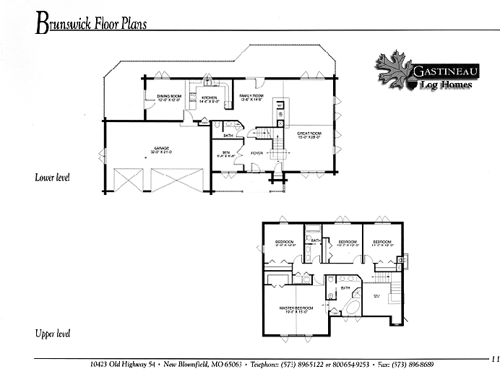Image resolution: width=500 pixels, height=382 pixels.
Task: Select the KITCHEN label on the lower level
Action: (209, 98)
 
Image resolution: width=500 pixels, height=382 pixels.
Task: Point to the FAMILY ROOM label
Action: (251, 97)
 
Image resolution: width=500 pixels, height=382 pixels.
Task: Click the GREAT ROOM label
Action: (309, 135)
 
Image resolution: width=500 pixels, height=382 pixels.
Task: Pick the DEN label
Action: (225, 153)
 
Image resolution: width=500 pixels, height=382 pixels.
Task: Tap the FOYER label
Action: (257, 153)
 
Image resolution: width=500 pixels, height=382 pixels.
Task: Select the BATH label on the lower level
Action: (228, 135)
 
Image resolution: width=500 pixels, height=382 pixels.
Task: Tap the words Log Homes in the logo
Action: (446, 85)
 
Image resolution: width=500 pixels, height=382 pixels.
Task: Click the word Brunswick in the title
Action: (70, 25)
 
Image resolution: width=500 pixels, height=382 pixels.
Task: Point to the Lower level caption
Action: (51, 177)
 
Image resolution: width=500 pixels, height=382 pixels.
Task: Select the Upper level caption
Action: (52, 334)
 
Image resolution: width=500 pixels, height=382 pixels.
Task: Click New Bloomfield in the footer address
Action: (197, 364)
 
